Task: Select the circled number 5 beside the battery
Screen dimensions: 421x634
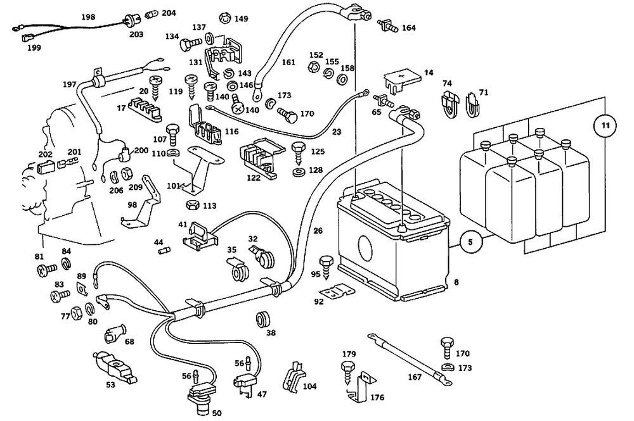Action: click(x=470, y=241)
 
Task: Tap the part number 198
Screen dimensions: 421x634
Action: click(x=88, y=17)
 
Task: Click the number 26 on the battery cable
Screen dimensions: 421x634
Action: click(x=318, y=231)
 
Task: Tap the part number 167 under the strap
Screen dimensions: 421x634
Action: click(x=414, y=378)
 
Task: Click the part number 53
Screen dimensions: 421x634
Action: click(x=110, y=384)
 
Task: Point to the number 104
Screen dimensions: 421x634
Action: click(x=309, y=386)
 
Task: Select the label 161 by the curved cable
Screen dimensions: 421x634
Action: click(x=288, y=63)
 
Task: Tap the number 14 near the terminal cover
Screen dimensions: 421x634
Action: click(x=429, y=73)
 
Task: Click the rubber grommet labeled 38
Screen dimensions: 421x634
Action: click(x=261, y=319)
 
